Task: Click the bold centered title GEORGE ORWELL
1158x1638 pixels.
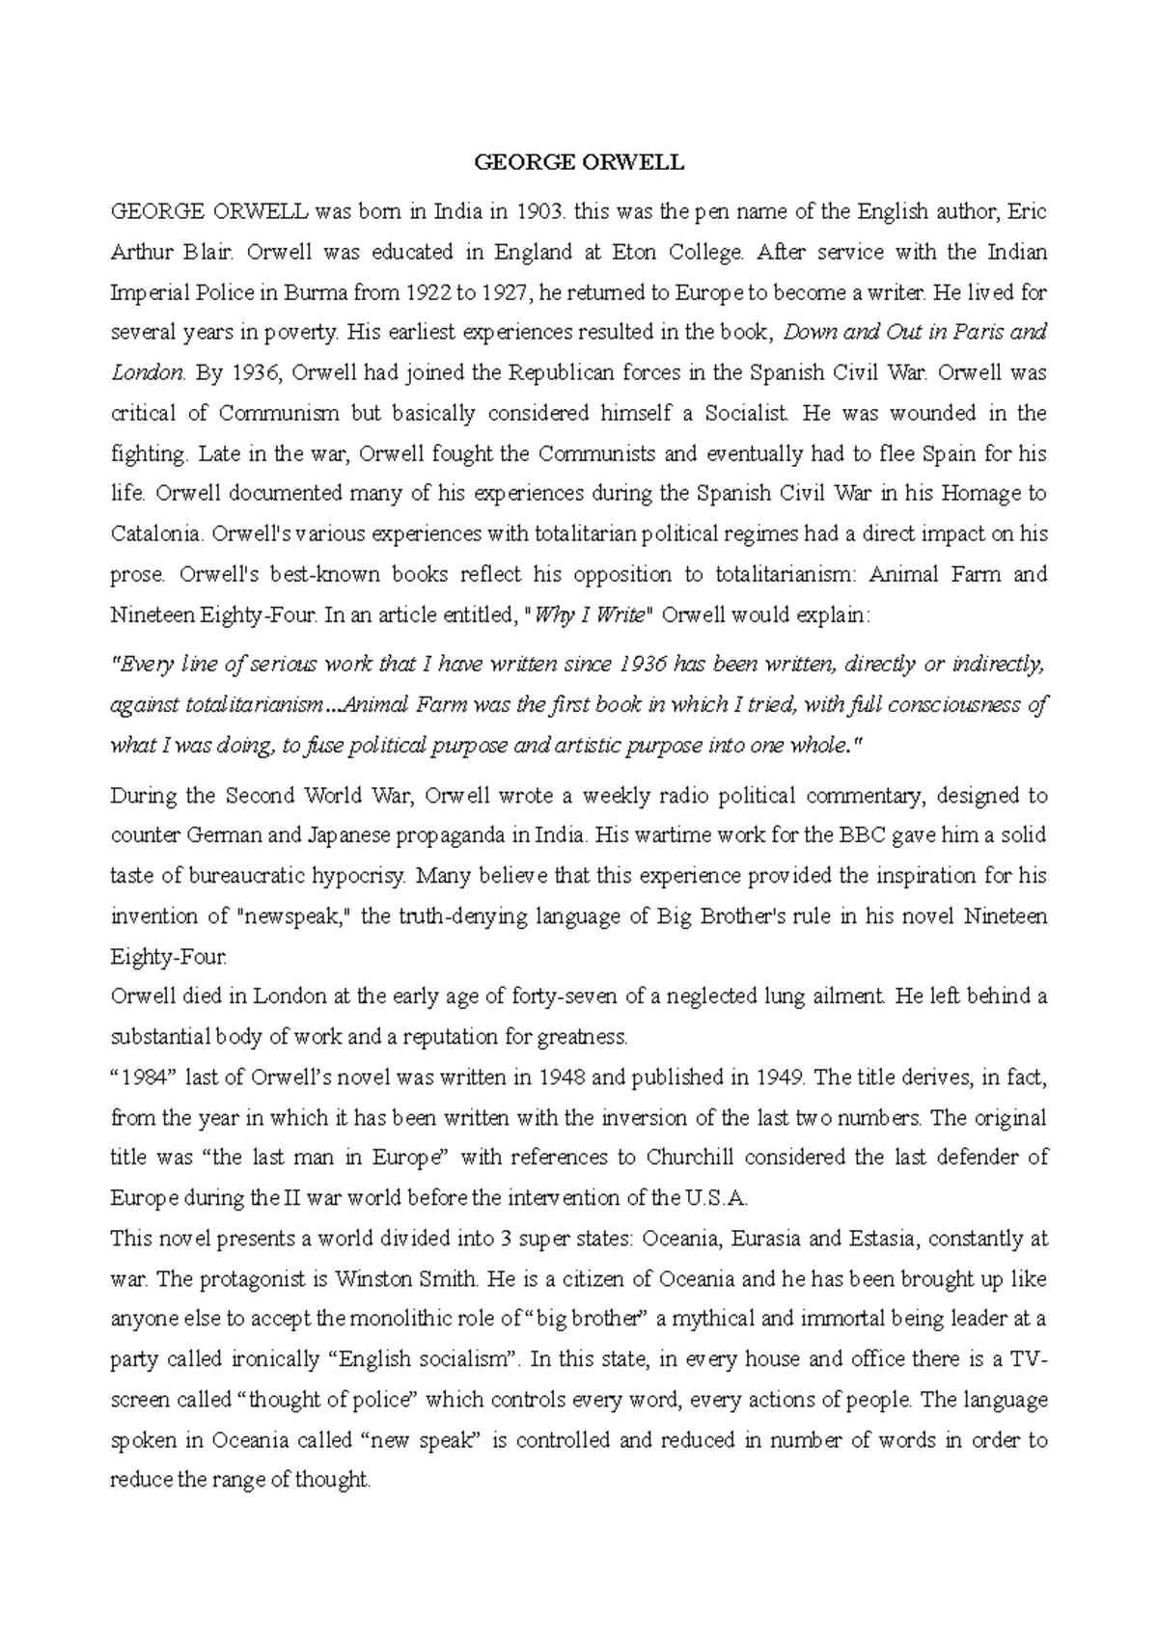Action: pyautogui.click(x=579, y=163)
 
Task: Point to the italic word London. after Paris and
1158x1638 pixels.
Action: pyautogui.click(x=147, y=372)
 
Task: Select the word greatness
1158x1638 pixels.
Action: pyautogui.click(x=586, y=1038)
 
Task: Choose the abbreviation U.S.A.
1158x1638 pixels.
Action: pyautogui.click(x=715, y=1199)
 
